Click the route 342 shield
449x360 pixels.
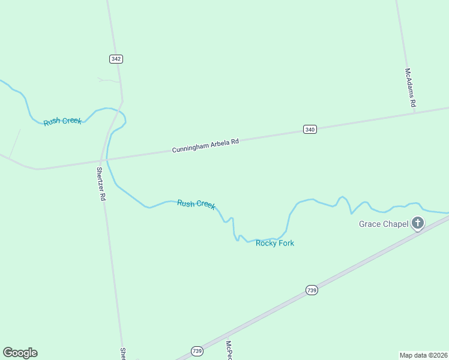pyautogui.click(x=116, y=59)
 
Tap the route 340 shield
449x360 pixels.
pyautogui.click(x=310, y=129)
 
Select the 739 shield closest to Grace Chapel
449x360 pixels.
pyautogui.click(x=311, y=290)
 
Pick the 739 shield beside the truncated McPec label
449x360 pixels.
pyautogui.click(x=197, y=350)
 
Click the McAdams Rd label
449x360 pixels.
pyautogui.click(x=410, y=88)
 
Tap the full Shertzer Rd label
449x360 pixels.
pyautogui.click(x=101, y=184)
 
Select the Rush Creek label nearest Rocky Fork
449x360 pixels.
pyautogui.click(x=196, y=205)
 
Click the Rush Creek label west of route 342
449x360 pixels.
pyautogui.click(x=62, y=121)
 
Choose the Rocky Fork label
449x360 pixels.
pyautogui.click(x=275, y=243)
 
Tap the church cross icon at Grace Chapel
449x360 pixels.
pyautogui.click(x=417, y=224)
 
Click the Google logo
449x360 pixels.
pyautogui.click(x=20, y=353)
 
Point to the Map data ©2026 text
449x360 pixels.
pyautogui.click(x=424, y=355)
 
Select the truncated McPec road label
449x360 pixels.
pyautogui.click(x=229, y=350)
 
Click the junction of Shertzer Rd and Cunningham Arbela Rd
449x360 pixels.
pyautogui.click(x=100, y=161)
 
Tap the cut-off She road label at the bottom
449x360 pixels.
pyautogui.click(x=122, y=353)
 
